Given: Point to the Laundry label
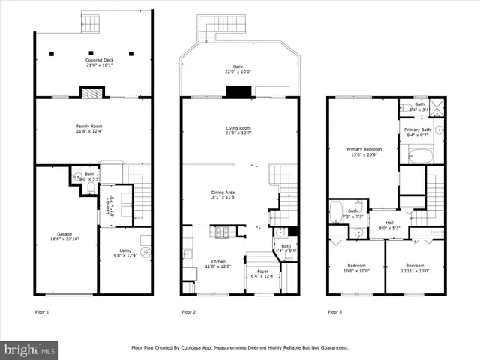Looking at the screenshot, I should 109,205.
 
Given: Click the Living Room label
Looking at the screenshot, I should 238,130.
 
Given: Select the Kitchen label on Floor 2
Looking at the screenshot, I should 212,264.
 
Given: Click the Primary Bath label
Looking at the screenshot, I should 417,133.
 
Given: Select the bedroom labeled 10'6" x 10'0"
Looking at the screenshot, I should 356,268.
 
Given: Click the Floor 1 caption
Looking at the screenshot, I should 42,310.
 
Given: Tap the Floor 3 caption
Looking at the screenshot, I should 334,310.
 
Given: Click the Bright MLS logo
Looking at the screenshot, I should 29,349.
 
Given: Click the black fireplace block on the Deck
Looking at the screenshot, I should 239,91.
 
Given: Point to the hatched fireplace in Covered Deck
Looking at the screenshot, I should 90,94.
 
